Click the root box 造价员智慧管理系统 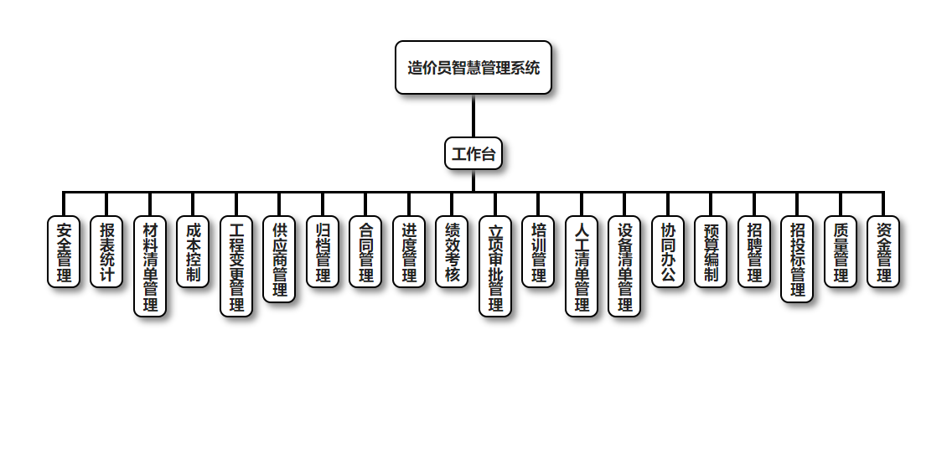click(473, 68)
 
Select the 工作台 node click(473, 153)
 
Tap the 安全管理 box click(64, 252)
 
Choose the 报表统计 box click(106, 252)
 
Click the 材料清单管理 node click(150, 266)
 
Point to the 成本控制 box click(193, 252)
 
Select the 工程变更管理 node click(236, 266)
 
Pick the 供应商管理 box click(279, 260)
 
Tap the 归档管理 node click(323, 252)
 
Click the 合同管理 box click(365, 252)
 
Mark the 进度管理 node click(409, 252)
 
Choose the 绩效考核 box click(452, 252)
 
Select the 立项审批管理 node click(495, 266)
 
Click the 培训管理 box click(538, 252)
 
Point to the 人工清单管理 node click(582, 266)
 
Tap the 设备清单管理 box click(624, 266)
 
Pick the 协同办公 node click(668, 252)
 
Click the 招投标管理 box click(797, 260)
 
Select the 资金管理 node click(883, 252)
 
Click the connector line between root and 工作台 click(473, 116)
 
